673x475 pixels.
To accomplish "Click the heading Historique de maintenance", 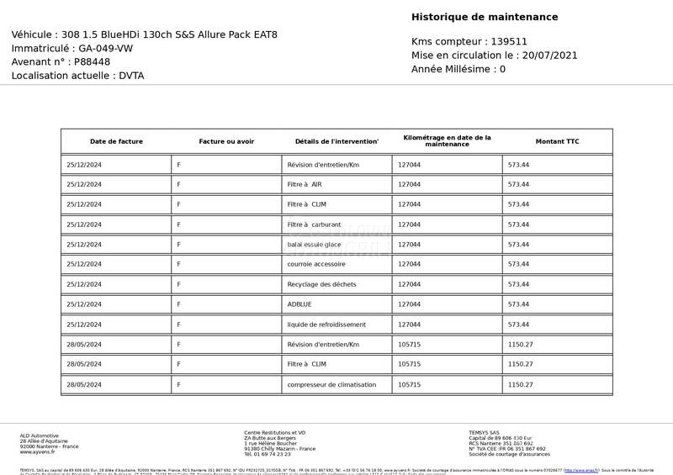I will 485,17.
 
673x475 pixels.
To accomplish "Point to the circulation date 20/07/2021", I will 550,55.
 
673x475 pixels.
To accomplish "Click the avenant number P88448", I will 92,61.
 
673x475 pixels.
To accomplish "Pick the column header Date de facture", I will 116,141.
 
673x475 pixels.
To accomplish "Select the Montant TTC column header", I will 557,141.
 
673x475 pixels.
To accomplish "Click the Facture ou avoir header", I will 226,141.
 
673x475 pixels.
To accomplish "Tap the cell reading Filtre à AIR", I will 305,184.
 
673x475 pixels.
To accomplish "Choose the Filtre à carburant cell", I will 314,224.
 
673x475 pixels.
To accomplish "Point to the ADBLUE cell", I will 299,304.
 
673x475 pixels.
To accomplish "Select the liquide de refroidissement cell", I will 326,325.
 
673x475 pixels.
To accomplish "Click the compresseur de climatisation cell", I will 331,384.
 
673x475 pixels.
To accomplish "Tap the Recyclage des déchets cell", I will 321,284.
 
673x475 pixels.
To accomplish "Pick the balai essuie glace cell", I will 314,245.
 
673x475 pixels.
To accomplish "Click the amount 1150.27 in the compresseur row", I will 520,384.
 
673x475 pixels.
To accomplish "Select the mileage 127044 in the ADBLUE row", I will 409,304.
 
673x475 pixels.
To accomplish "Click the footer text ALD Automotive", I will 39,435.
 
